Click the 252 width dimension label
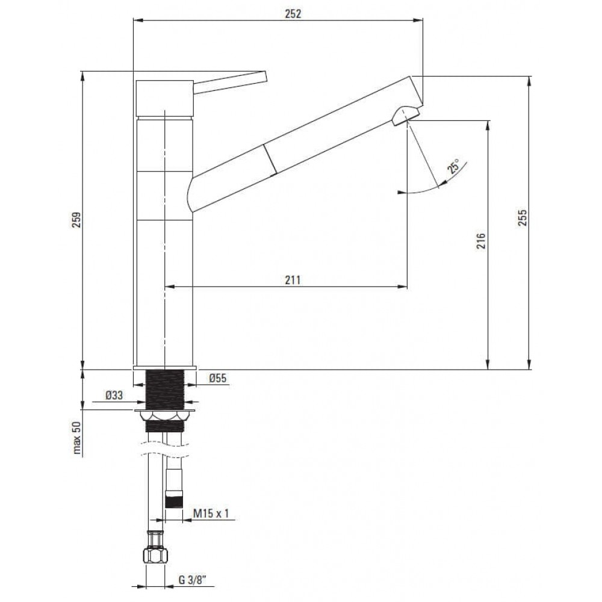coord(293,13)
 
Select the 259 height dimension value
coord(77,220)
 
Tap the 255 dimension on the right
coord(523,218)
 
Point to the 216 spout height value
coord(482,241)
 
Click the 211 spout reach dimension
coord(293,280)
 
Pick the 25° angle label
coord(453,167)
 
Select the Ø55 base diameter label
coord(218,378)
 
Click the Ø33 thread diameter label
coord(114,395)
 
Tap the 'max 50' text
coord(77,438)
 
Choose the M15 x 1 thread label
coord(210,513)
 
